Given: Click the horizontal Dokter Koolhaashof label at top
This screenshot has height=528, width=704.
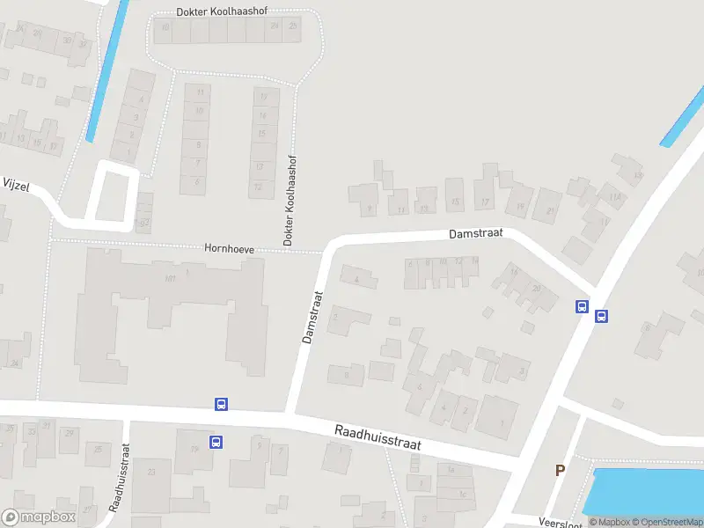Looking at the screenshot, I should click(x=221, y=11).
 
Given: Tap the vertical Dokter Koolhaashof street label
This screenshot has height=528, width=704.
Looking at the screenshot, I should click(x=288, y=200).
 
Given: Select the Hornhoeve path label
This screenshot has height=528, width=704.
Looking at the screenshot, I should click(x=229, y=250).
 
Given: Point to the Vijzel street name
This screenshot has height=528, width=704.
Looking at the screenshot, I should click(x=16, y=183).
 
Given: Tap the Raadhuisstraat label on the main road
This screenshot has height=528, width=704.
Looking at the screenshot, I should click(x=378, y=437).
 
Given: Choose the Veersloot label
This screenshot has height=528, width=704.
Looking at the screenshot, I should click(x=556, y=520).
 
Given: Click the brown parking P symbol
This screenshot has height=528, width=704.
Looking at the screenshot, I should click(x=559, y=471).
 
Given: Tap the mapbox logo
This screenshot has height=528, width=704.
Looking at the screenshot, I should click(x=39, y=517).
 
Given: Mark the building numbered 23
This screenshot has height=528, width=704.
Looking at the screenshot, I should click(x=151, y=472).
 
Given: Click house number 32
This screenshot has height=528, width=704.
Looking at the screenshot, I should click(x=144, y=220).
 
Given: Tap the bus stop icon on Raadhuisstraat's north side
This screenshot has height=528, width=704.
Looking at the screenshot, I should click(x=221, y=404).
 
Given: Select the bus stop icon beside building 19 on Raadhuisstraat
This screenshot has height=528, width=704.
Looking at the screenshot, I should click(x=215, y=442).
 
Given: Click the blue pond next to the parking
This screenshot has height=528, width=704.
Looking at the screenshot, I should click(x=647, y=489).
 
